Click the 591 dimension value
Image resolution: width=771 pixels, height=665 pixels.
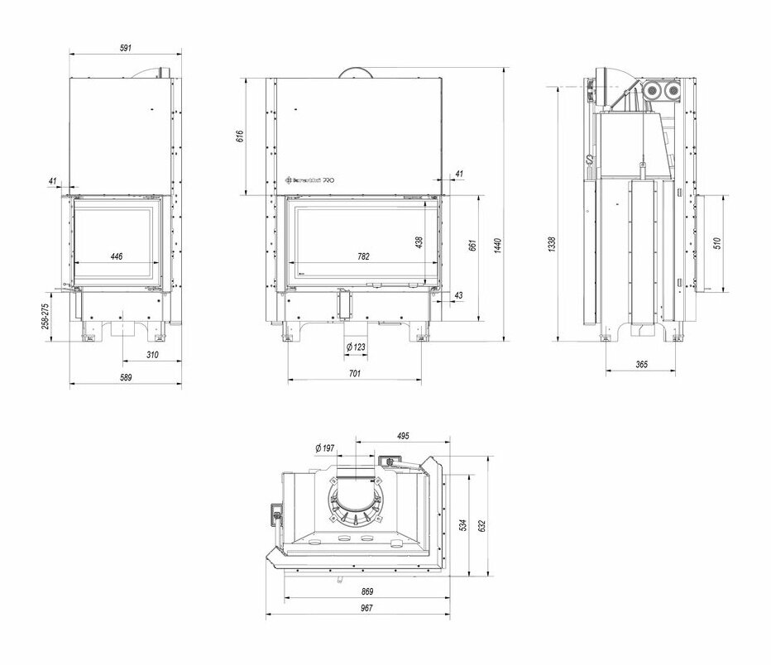(x=126, y=50)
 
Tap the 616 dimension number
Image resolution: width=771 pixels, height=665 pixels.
(x=240, y=136)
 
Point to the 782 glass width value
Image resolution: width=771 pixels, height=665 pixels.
(x=364, y=256)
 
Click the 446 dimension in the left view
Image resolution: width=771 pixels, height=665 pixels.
(x=116, y=256)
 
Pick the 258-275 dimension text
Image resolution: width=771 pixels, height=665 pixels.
(x=46, y=313)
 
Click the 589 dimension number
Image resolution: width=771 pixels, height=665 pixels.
(x=126, y=377)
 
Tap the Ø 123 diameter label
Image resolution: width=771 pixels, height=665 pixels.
(x=356, y=347)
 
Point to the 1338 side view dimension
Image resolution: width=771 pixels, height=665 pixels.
(x=552, y=245)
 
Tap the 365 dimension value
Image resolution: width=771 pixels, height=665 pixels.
(x=640, y=365)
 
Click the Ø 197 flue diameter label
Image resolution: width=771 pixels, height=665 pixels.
(x=324, y=447)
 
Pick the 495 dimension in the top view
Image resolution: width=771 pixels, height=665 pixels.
(x=403, y=436)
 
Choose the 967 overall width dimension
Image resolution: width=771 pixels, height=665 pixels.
(x=366, y=608)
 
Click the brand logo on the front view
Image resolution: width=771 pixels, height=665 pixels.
(x=309, y=178)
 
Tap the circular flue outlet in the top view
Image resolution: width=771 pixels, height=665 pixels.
(x=357, y=503)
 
